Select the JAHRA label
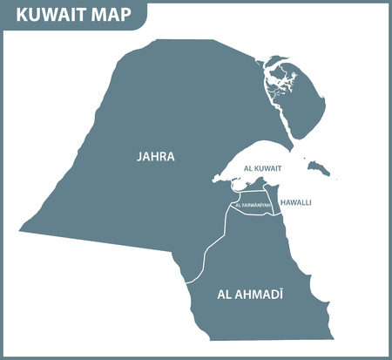click(x=156, y=158)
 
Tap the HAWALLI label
click(x=296, y=202)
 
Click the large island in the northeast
click(x=301, y=100)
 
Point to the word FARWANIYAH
click(x=257, y=206)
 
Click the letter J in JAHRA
click(x=139, y=158)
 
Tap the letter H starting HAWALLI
click(x=282, y=202)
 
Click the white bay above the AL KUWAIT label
click(x=261, y=160)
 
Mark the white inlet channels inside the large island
click(x=280, y=83)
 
